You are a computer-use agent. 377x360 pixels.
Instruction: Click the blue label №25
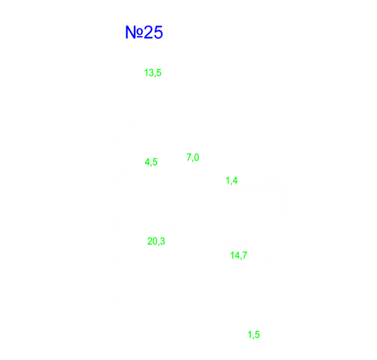(x=144, y=32)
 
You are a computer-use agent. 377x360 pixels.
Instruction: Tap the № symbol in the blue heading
(x=134, y=32)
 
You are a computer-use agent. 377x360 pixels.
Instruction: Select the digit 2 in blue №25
(x=149, y=32)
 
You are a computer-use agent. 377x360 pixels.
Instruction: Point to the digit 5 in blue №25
(x=158, y=33)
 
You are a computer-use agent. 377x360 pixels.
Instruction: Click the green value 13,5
(x=153, y=73)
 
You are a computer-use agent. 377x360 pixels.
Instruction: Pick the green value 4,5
(x=151, y=162)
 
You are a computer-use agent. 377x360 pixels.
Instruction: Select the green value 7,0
(x=193, y=157)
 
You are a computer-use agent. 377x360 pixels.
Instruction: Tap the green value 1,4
(x=231, y=180)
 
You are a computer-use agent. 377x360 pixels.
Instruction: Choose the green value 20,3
(x=156, y=241)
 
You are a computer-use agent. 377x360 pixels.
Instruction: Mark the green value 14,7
(x=239, y=255)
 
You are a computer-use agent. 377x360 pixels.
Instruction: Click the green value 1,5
(x=254, y=334)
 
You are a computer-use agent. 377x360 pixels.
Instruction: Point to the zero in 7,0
(x=197, y=157)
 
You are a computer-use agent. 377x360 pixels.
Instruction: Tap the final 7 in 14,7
(x=245, y=255)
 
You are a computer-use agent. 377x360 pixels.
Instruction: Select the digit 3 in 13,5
(x=151, y=73)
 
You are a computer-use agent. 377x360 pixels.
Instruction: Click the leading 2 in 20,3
(x=149, y=241)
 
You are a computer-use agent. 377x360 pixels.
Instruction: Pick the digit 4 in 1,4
(x=235, y=180)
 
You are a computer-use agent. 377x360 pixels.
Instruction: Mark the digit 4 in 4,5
(x=148, y=161)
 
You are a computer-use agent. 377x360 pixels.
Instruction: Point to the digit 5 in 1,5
(x=257, y=334)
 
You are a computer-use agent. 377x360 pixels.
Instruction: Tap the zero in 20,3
(x=156, y=241)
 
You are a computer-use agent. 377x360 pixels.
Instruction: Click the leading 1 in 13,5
(x=146, y=73)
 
